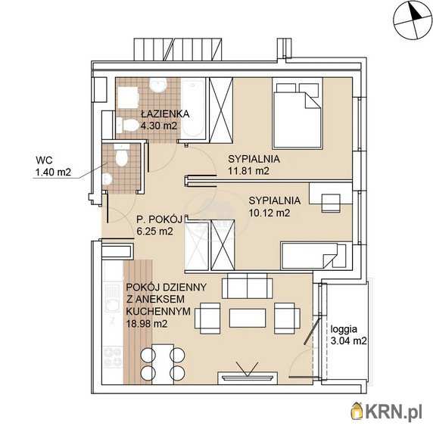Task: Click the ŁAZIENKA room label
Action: click(165, 113)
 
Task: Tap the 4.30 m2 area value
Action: click(158, 126)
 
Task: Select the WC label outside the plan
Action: click(44, 160)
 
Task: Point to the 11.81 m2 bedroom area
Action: click(248, 171)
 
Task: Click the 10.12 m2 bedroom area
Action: click(269, 213)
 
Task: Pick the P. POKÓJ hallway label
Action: click(160, 219)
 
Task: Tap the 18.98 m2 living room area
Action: click(147, 323)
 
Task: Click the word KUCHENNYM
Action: click(158, 311)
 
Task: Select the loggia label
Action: click(344, 329)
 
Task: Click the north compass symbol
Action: click(413, 20)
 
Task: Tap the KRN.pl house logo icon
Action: click(357, 414)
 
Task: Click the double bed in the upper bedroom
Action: click(297, 113)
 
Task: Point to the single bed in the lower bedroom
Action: click(313, 255)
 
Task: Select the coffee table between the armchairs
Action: click(248, 318)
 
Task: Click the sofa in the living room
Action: click(247, 286)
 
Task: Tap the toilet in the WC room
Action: click(121, 156)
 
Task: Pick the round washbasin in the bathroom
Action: click(158, 85)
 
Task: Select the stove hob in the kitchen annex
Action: click(113, 357)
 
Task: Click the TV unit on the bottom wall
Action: click(247, 378)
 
